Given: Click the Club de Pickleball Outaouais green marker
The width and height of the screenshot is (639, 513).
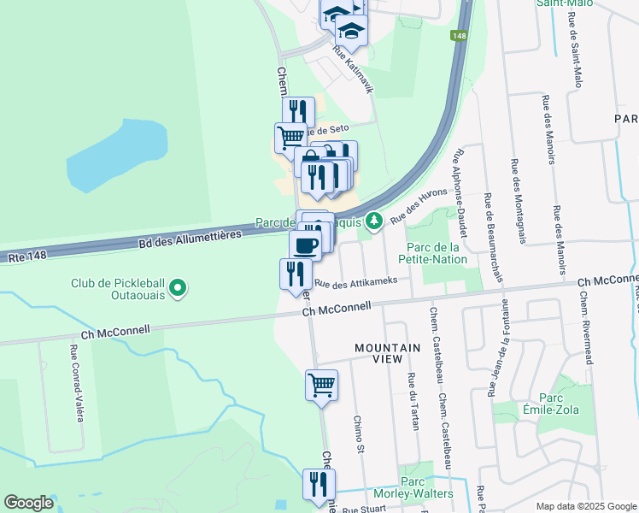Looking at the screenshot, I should pyautogui.click(x=178, y=288).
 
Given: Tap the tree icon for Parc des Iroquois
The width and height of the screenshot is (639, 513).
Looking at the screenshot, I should pyautogui.click(x=373, y=222).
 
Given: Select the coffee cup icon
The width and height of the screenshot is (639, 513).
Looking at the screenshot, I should pyautogui.click(x=305, y=245).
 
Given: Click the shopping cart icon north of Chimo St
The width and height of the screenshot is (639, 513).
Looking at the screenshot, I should pyautogui.click(x=321, y=384).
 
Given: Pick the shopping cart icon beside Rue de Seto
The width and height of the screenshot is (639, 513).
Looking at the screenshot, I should pyautogui.click(x=290, y=137).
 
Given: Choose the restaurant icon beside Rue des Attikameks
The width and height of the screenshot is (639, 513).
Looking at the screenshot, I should pyautogui.click(x=295, y=274).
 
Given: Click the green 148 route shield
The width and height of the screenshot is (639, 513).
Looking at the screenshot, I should pyautogui.click(x=460, y=36).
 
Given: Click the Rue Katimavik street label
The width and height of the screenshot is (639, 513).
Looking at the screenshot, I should pyautogui.click(x=353, y=74).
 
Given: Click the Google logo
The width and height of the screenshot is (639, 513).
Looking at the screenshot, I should pyautogui.click(x=28, y=503).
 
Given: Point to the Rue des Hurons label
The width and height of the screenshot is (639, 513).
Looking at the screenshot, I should pyautogui.click(x=419, y=206).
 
